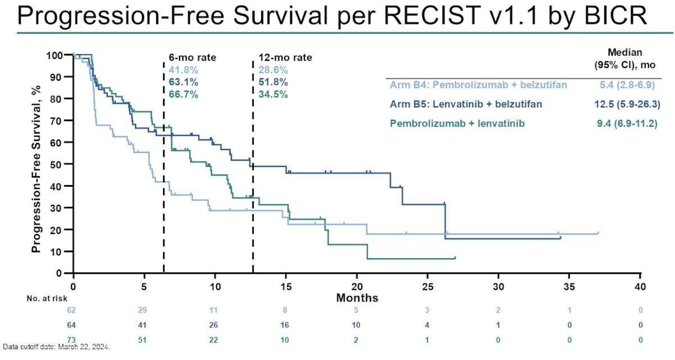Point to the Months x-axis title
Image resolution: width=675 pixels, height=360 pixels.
357,298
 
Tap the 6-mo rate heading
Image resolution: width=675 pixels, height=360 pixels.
192,57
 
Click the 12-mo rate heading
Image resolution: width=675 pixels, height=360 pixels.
285,57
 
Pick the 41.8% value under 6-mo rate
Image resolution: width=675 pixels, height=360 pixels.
183,70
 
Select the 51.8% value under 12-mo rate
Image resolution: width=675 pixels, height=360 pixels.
273,82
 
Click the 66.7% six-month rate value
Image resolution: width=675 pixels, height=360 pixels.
183,94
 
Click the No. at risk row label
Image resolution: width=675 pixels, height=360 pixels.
47,299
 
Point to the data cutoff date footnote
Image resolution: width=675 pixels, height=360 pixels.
56,346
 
